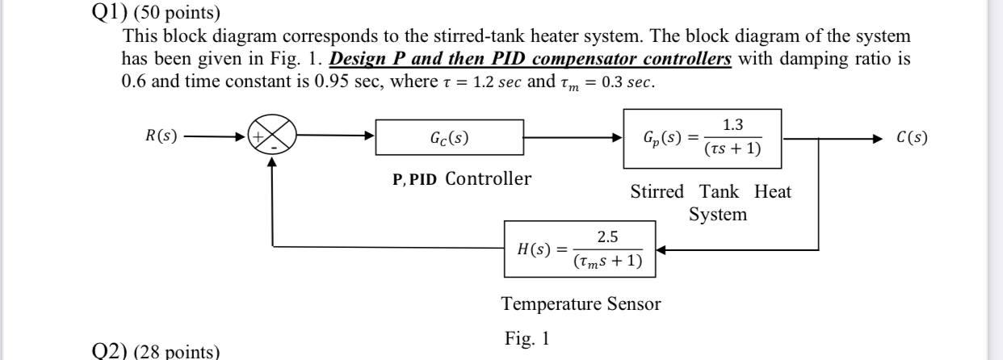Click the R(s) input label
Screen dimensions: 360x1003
[162, 136]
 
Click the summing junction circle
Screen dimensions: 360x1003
[272, 137]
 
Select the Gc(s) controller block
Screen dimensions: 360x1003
[449, 137]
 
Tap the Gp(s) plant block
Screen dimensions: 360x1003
[702, 138]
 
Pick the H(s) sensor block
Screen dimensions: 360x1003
[580, 249]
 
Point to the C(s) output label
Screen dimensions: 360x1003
[912, 137]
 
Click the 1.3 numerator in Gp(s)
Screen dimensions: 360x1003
[732, 125]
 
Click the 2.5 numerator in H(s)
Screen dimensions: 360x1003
[607, 237]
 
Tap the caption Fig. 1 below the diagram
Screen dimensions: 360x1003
[527, 339]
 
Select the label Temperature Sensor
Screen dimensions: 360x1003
[581, 304]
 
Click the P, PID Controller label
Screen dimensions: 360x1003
[462, 179]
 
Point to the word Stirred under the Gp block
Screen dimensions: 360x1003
[657, 192]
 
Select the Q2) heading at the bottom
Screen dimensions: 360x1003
[111, 352]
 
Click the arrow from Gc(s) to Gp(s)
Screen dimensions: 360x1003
[573, 138]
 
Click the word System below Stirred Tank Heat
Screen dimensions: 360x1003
[717, 215]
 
